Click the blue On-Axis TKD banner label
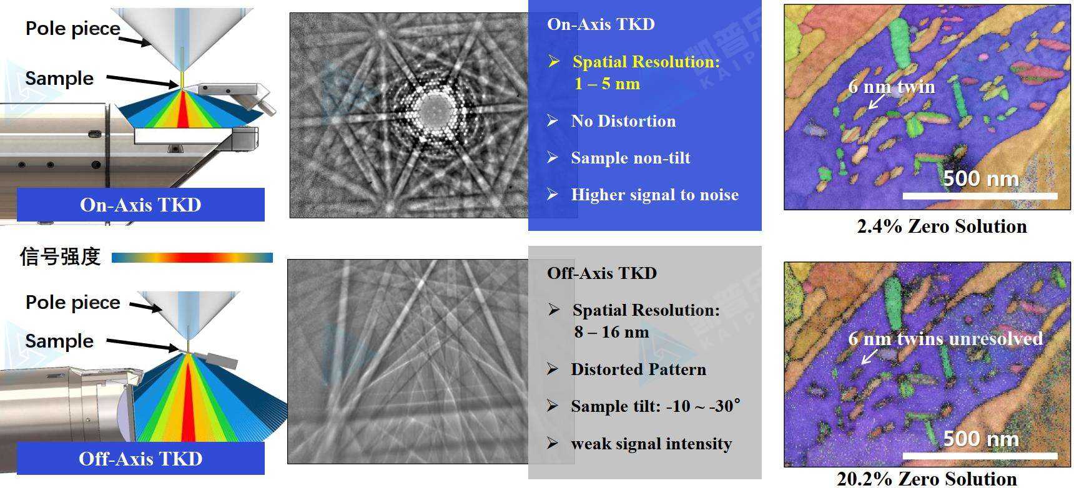(x=140, y=205)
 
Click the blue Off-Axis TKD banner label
(x=140, y=459)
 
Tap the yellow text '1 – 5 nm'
(x=607, y=84)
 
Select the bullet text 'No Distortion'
(x=623, y=121)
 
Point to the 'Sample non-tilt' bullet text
(x=631, y=158)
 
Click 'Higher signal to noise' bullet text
(x=654, y=195)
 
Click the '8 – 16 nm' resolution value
(x=611, y=332)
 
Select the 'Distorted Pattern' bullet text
(x=638, y=369)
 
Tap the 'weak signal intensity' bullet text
(x=651, y=444)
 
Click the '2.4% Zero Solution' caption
(x=942, y=226)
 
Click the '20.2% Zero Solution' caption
(x=927, y=479)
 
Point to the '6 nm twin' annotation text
(x=892, y=86)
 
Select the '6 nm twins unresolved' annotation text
(x=945, y=338)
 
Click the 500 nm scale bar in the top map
(x=980, y=196)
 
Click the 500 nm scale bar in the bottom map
(x=980, y=456)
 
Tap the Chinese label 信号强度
(x=60, y=256)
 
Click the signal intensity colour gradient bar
(x=192, y=257)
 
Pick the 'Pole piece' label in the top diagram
(x=73, y=28)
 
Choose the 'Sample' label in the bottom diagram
(x=59, y=341)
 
